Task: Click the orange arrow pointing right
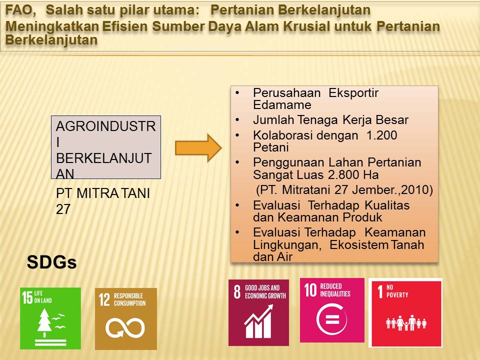pos(198,148)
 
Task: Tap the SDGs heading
pos(51,262)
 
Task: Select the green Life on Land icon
pos(50,318)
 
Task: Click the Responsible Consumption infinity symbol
pos(125,327)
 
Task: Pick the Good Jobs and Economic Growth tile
pos(258,312)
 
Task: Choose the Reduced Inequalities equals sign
pos(332,319)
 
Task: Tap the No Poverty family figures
pos(406,322)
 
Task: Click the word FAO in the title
pos(18,10)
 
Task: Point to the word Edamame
pos(282,105)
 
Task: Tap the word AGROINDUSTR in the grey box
pos(105,126)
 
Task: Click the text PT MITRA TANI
pos(103,193)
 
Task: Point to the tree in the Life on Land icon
pos(44,322)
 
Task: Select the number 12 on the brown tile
pos(104,299)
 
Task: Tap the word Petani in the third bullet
pos(271,147)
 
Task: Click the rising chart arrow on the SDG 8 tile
pos(259,314)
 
